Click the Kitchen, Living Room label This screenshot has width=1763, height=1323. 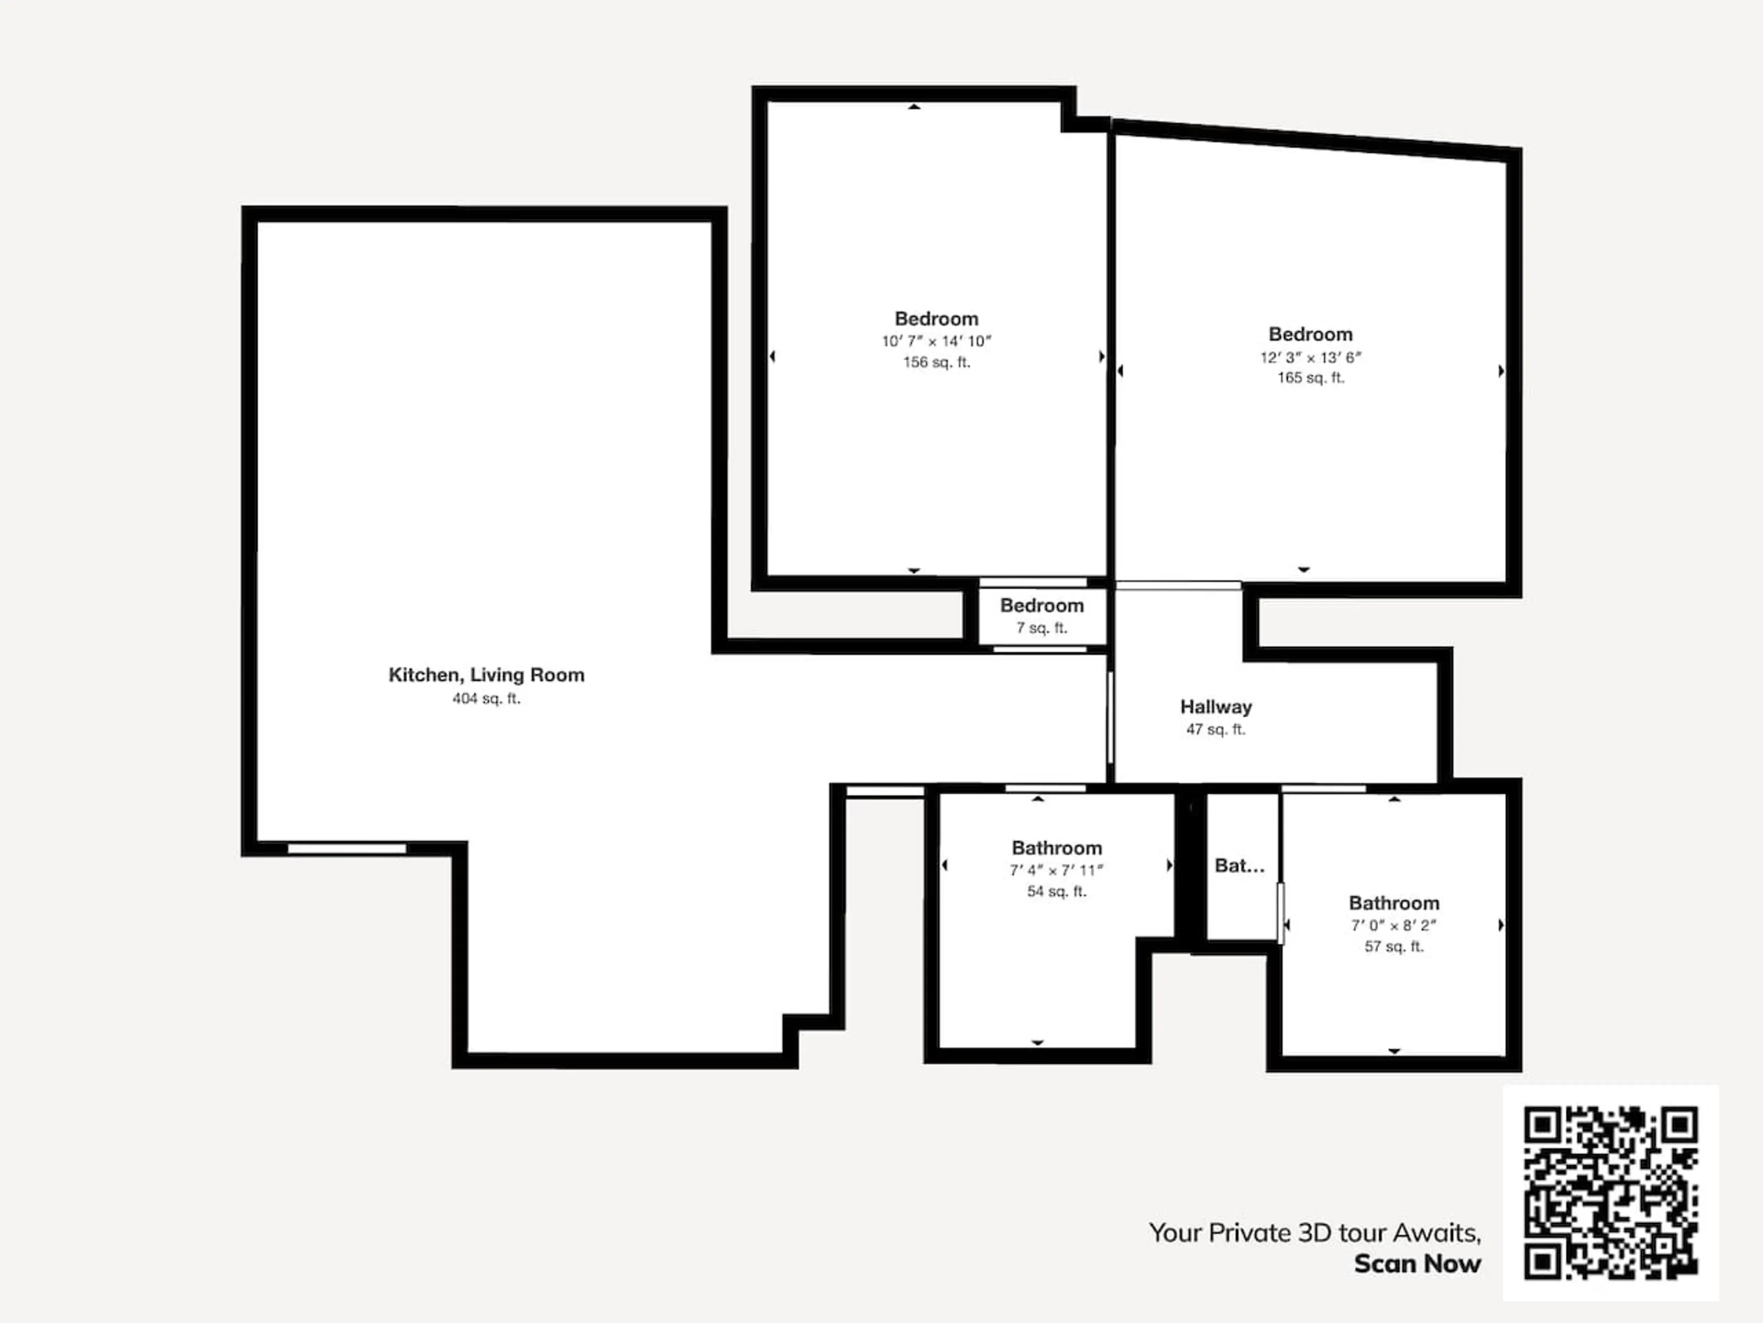pyautogui.click(x=486, y=675)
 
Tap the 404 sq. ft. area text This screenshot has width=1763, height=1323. pyautogui.click(x=486, y=699)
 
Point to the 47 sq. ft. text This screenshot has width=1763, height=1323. pyautogui.click(x=1215, y=729)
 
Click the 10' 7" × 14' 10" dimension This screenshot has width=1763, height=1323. pyautogui.click(x=937, y=341)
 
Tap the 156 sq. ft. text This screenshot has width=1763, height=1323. pyautogui.click(x=937, y=362)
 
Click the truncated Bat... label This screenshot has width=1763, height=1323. pyautogui.click(x=1239, y=865)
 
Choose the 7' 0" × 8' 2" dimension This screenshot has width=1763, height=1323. pyautogui.click(x=1393, y=926)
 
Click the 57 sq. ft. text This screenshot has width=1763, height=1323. pyautogui.click(x=1393, y=947)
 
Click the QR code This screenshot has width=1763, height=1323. pyautogui.click(x=1611, y=1192)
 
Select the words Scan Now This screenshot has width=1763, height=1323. pyautogui.click(x=1417, y=1264)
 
